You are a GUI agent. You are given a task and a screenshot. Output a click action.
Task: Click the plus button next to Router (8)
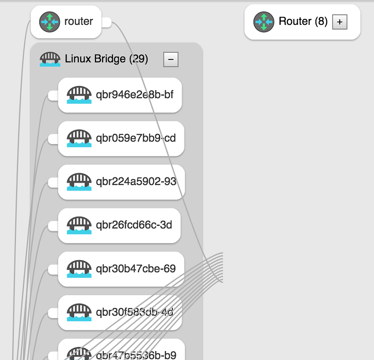340,22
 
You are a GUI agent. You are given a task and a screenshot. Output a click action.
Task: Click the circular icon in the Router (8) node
264,22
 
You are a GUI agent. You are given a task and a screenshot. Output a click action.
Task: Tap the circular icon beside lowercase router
50,22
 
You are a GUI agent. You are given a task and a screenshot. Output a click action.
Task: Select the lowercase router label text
79,21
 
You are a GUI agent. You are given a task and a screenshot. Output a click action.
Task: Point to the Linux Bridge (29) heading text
106,58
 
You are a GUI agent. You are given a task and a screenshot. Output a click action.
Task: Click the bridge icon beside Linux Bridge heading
50,59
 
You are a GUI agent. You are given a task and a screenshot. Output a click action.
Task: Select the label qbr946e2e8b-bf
135,94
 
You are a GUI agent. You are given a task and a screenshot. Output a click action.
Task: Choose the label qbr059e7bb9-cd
136,138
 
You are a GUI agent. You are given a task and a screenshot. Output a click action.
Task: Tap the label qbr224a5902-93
136,181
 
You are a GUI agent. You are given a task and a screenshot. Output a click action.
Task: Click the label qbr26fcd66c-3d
134,225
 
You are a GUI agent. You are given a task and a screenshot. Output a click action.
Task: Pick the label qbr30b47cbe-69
136,269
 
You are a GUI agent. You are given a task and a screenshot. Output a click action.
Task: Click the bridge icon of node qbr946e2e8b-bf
79,95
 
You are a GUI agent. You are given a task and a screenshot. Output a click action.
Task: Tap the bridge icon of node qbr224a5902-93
79,182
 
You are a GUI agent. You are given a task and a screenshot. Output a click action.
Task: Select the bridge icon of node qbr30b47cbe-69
79,269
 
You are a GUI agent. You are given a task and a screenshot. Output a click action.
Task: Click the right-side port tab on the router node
107,22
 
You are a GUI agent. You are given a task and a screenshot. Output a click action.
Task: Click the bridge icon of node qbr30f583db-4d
79,312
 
